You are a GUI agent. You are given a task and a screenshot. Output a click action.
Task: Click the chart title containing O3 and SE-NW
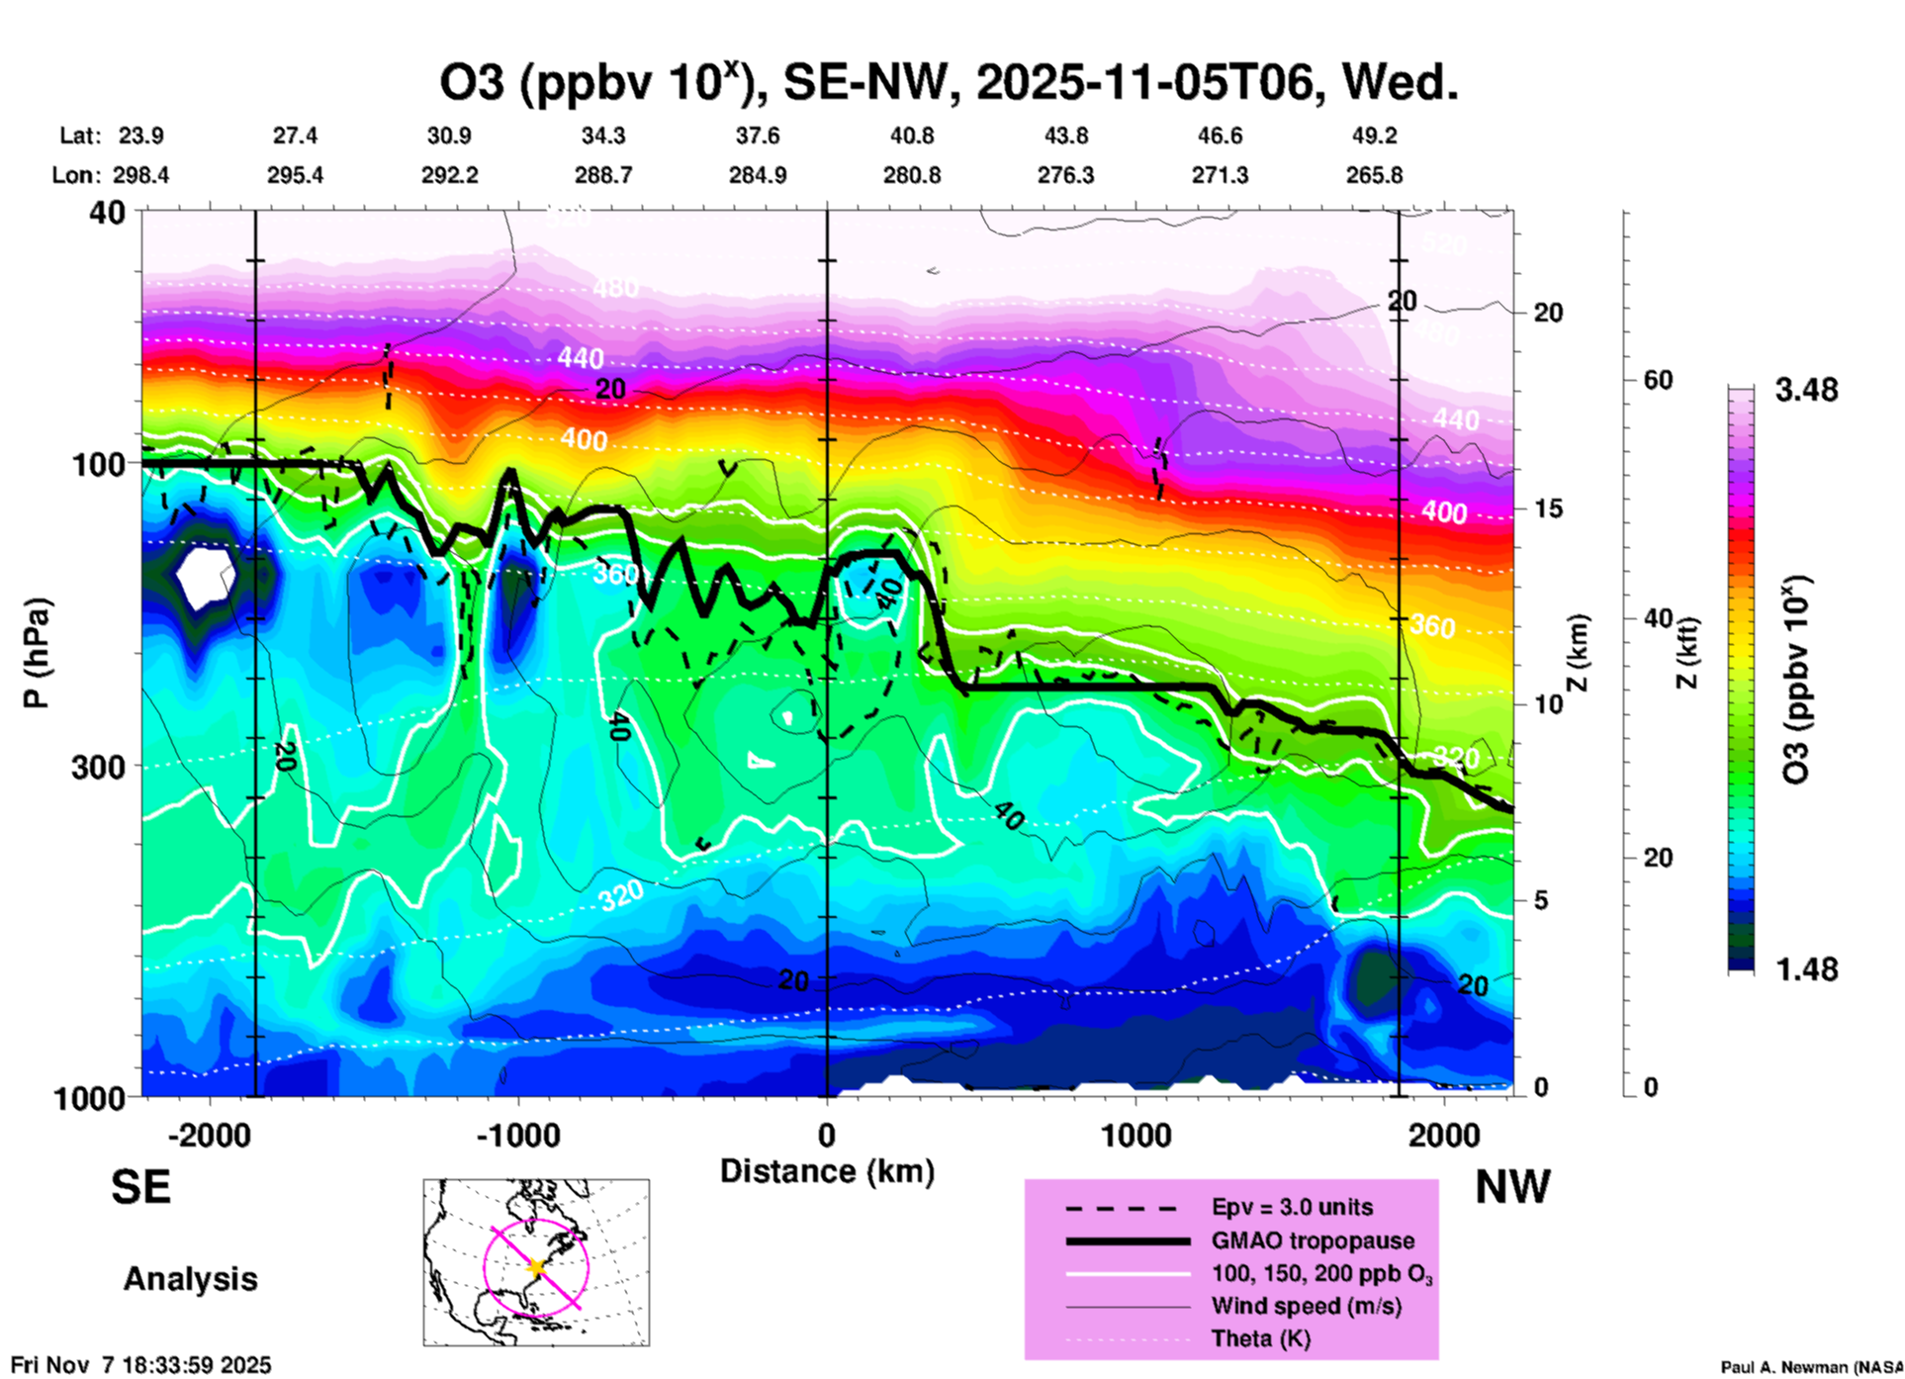coord(949,83)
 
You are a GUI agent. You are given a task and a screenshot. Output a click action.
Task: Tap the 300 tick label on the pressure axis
coord(98,767)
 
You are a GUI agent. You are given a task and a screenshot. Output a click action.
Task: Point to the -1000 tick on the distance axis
coord(518,1135)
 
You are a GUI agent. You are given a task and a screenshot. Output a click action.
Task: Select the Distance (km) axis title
coord(827,1171)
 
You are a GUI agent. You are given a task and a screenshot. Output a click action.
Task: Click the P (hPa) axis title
coord(37,652)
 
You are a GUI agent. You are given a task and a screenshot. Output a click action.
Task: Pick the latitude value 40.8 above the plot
coord(911,136)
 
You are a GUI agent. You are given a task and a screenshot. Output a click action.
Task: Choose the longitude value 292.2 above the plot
coord(450,175)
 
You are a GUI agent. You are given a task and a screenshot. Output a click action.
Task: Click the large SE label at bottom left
coord(140,1187)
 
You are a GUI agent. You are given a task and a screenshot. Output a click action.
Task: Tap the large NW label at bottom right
coord(1512,1187)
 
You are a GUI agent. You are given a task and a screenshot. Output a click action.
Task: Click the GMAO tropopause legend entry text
coord(1313,1241)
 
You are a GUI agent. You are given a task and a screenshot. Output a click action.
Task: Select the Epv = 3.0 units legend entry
coord(1292,1207)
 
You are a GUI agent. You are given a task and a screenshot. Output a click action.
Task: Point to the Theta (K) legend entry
coord(1260,1338)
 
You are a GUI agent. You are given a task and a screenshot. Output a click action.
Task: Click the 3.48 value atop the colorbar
coord(1806,390)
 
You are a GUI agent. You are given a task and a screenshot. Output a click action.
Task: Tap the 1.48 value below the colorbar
coord(1806,969)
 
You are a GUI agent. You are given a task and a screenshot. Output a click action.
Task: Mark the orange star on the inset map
coord(536,1267)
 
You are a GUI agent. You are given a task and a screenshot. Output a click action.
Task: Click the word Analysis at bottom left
coord(190,1279)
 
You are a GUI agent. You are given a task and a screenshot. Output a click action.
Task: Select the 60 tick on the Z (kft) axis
coord(1658,380)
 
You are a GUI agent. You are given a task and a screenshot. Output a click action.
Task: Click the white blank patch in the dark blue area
coord(205,577)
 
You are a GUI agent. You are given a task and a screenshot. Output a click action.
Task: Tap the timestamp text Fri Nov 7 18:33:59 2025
coord(140,1365)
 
